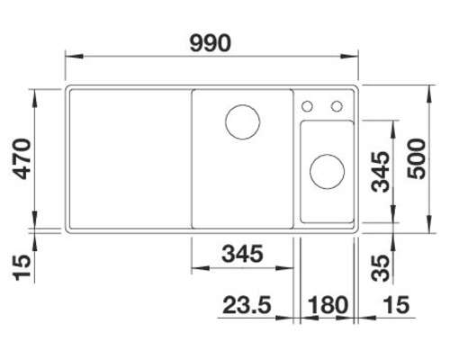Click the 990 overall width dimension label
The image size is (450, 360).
point(212,42)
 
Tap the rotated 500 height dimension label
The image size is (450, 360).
point(416,160)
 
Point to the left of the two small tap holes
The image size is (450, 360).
point(309,106)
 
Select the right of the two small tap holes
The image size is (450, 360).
point(337,106)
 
